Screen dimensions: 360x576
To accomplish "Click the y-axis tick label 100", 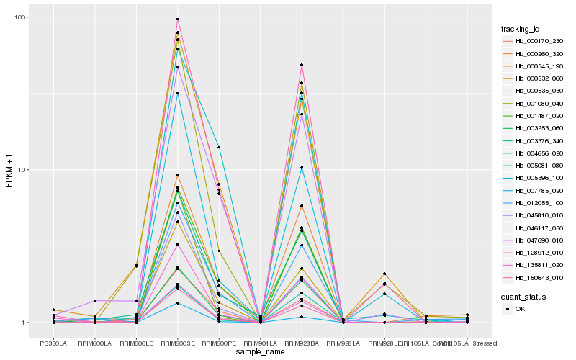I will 20,17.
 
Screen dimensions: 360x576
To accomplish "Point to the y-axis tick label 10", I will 22,170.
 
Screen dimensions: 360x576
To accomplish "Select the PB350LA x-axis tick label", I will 53,342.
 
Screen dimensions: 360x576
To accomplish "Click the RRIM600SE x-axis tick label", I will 177,342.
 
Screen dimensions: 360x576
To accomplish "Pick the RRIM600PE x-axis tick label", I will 219,342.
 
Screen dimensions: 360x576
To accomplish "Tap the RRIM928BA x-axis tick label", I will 302,342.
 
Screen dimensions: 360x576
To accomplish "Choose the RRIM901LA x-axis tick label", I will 260,342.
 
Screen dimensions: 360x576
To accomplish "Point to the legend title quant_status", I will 524,296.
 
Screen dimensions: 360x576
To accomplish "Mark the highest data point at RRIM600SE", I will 177,19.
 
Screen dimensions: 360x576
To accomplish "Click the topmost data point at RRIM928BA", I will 302,65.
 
